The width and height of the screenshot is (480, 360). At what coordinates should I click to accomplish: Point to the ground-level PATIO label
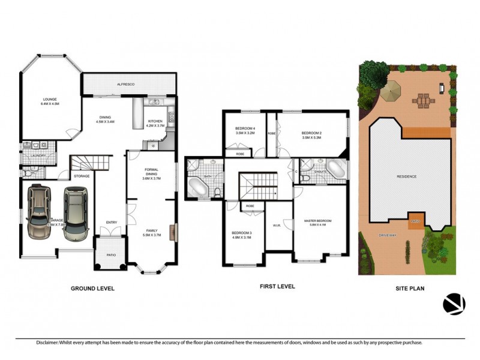[x=112, y=254]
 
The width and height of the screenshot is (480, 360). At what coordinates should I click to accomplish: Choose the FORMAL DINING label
[x=151, y=173]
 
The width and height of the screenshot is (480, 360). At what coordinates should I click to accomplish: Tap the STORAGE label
[x=82, y=176]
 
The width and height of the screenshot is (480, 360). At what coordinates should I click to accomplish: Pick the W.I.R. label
[x=277, y=226]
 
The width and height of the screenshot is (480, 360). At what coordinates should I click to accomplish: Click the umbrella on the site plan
[x=391, y=92]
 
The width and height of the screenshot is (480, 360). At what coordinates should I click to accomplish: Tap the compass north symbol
[x=454, y=304]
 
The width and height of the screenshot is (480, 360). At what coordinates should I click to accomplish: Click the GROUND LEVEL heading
[x=92, y=289]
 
